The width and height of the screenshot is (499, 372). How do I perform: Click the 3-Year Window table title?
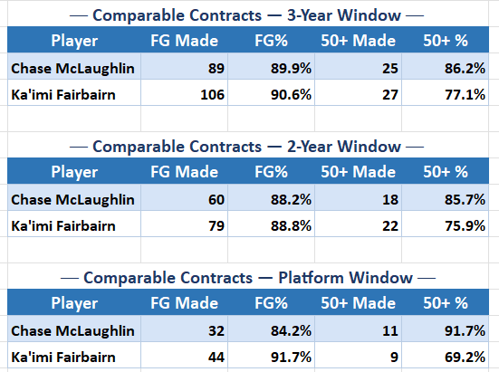249,14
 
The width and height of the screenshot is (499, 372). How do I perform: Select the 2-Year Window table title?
249,146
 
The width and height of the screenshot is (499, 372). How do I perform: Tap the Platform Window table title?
249,277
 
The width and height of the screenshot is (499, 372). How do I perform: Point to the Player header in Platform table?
74,303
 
